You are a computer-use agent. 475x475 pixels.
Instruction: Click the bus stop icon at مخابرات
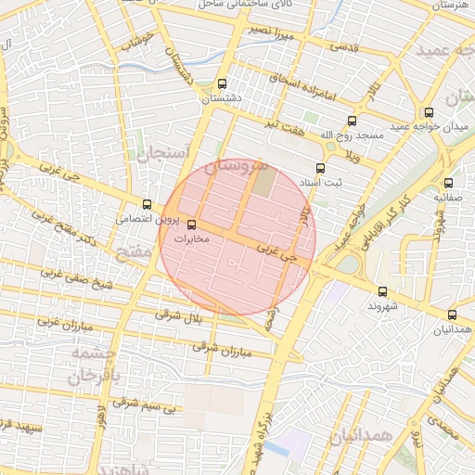192,225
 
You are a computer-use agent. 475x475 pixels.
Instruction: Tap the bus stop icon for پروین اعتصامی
147,205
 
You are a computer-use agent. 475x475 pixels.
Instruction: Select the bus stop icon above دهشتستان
221,83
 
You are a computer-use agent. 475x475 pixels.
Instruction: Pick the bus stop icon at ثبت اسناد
320,169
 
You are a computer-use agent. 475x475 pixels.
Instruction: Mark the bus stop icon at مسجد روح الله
352,121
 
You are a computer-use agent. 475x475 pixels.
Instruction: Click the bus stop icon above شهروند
382,291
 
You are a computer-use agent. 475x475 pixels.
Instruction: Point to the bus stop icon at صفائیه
449,183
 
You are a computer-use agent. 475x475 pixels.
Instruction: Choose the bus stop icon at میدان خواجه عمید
453,112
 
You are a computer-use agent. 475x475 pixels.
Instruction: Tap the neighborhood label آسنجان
163,153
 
